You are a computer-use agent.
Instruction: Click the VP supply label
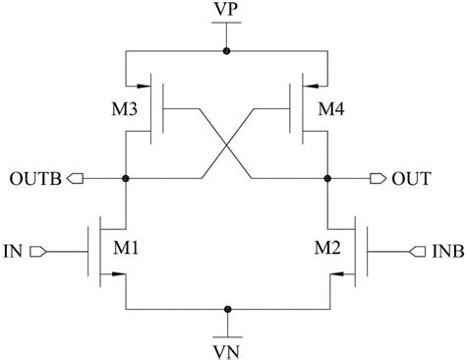228,15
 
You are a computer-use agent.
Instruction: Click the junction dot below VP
228,49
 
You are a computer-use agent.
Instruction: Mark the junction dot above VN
228,307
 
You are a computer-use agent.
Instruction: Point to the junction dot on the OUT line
327,178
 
